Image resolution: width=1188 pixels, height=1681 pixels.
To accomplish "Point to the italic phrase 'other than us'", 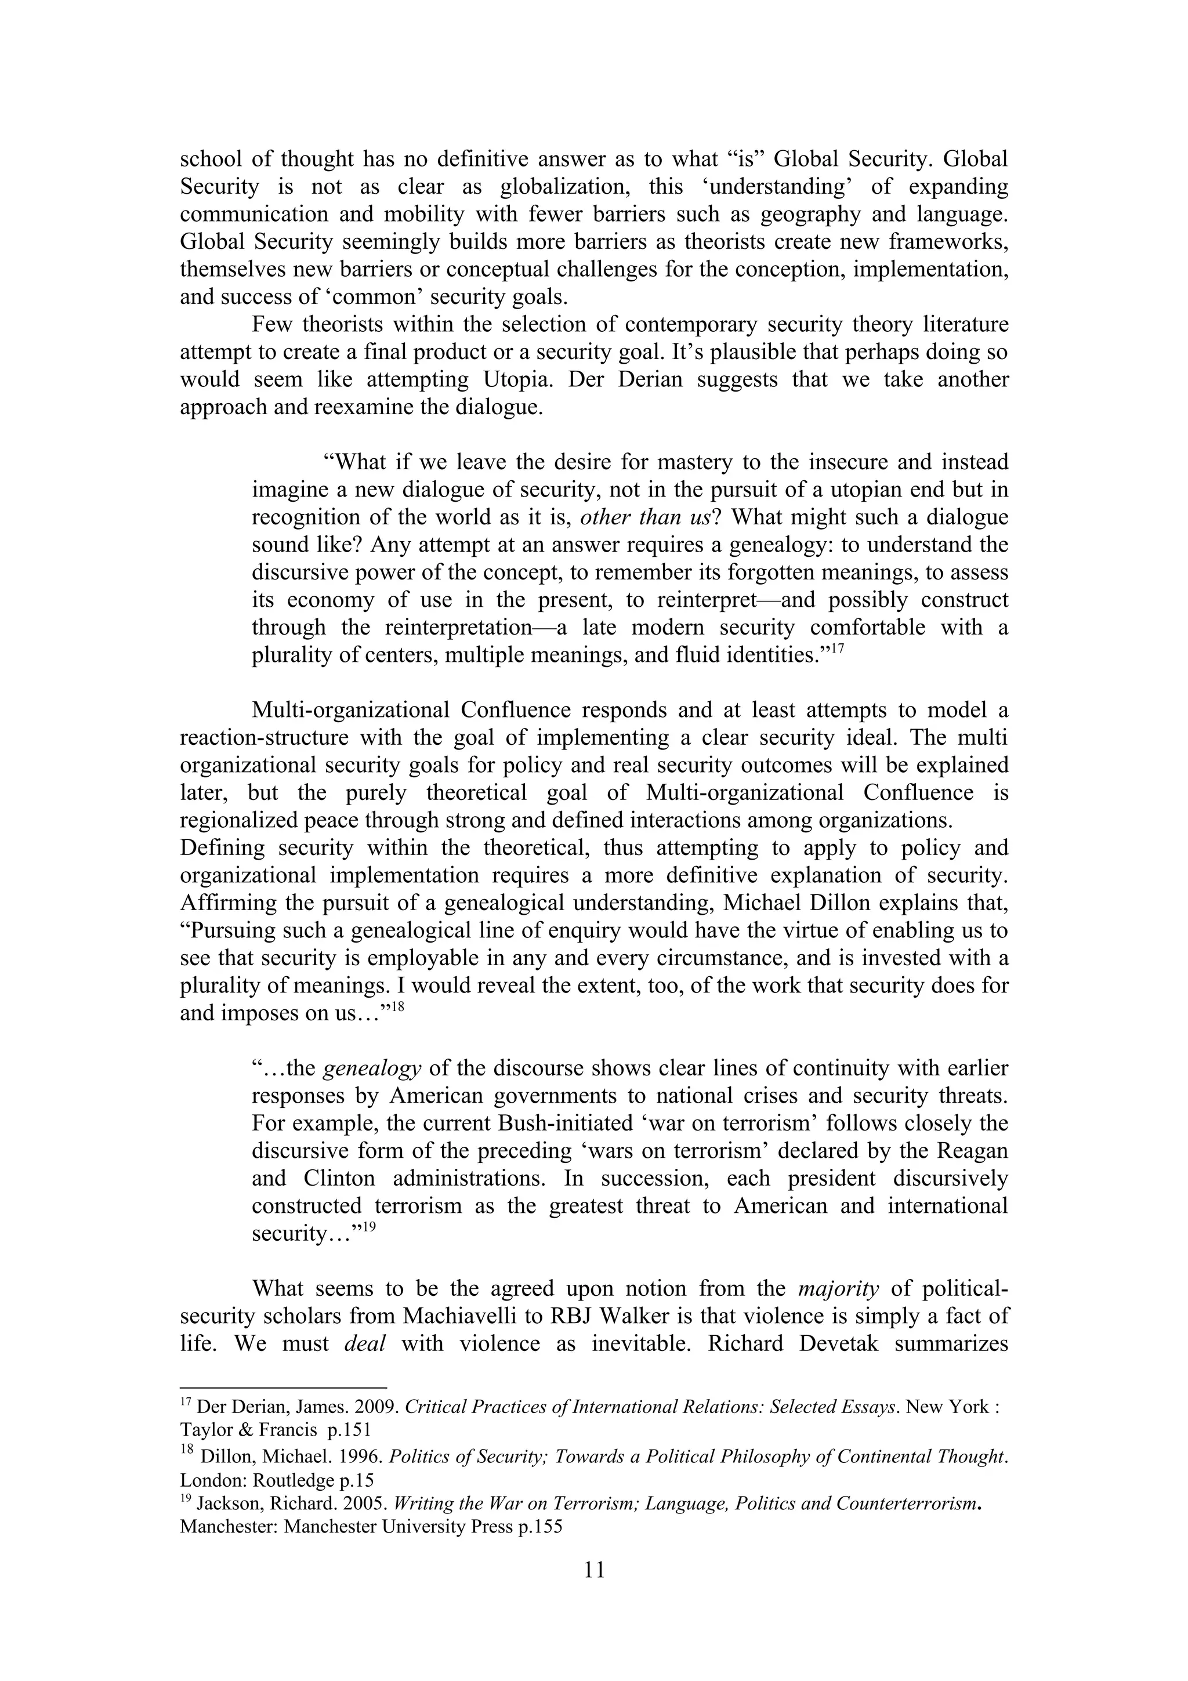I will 643,517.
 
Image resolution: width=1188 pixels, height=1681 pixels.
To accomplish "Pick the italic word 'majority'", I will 838,1288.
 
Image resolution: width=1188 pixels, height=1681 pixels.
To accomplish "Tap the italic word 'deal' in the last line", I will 364,1343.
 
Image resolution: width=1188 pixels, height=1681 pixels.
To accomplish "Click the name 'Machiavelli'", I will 462,1316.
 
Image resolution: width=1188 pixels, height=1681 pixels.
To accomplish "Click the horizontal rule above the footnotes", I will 282,1387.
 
